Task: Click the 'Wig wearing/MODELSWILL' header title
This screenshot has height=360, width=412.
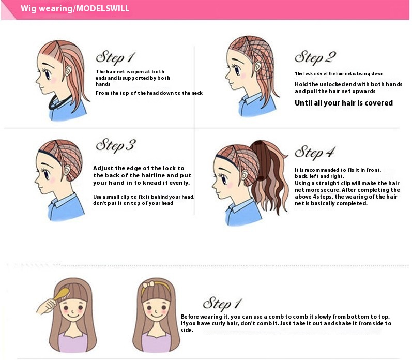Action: click(75, 8)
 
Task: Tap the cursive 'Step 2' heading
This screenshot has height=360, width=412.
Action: click(315, 57)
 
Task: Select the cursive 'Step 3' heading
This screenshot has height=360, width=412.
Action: click(116, 145)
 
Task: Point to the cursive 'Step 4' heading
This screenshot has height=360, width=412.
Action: click(315, 153)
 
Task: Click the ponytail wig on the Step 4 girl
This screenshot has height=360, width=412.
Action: click(267, 176)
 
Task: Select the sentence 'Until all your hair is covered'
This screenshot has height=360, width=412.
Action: click(344, 103)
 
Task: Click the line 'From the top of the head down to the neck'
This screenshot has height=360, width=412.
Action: click(149, 93)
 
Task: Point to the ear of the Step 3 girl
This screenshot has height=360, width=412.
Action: click(67, 170)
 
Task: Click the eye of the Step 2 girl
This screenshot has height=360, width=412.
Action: click(237, 70)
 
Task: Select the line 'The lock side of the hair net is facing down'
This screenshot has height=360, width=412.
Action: click(339, 73)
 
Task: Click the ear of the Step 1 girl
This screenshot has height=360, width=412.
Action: click(69, 70)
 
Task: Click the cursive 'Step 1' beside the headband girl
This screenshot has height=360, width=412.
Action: click(222, 304)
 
